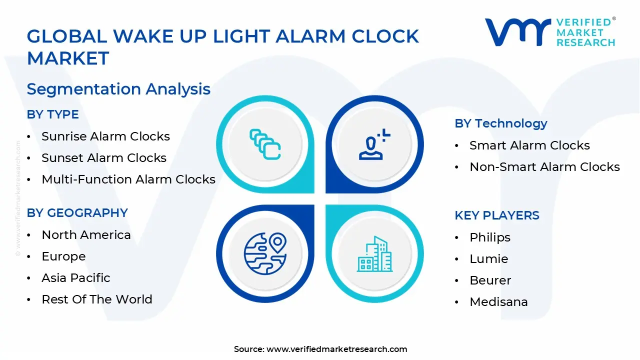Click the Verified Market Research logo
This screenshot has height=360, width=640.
click(x=550, y=32)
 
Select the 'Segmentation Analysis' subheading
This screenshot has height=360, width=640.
click(x=118, y=89)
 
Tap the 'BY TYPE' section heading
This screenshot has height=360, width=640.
click(x=53, y=114)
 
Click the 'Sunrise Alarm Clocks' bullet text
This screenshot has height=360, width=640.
click(x=105, y=136)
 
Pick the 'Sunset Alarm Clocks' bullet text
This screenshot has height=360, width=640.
click(x=104, y=157)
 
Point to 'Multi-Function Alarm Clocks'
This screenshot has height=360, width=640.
click(x=128, y=179)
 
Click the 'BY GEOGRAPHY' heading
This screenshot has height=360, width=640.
click(x=77, y=213)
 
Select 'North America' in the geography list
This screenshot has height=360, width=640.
click(x=86, y=235)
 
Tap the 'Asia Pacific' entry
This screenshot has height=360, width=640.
click(x=76, y=277)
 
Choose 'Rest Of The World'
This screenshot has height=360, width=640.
click(x=97, y=299)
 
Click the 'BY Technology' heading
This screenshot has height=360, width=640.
click(x=501, y=123)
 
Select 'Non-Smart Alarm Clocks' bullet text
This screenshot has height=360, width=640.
click(x=544, y=167)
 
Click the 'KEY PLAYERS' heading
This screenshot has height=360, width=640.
click(x=497, y=215)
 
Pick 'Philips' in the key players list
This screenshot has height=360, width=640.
click(x=490, y=237)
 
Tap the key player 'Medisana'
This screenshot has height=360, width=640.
click(x=498, y=302)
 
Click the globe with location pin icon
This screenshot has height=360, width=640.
click(x=265, y=253)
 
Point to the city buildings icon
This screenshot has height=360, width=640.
click(x=374, y=253)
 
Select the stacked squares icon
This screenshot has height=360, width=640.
click(x=265, y=144)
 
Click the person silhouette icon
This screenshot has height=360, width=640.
click(x=374, y=144)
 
